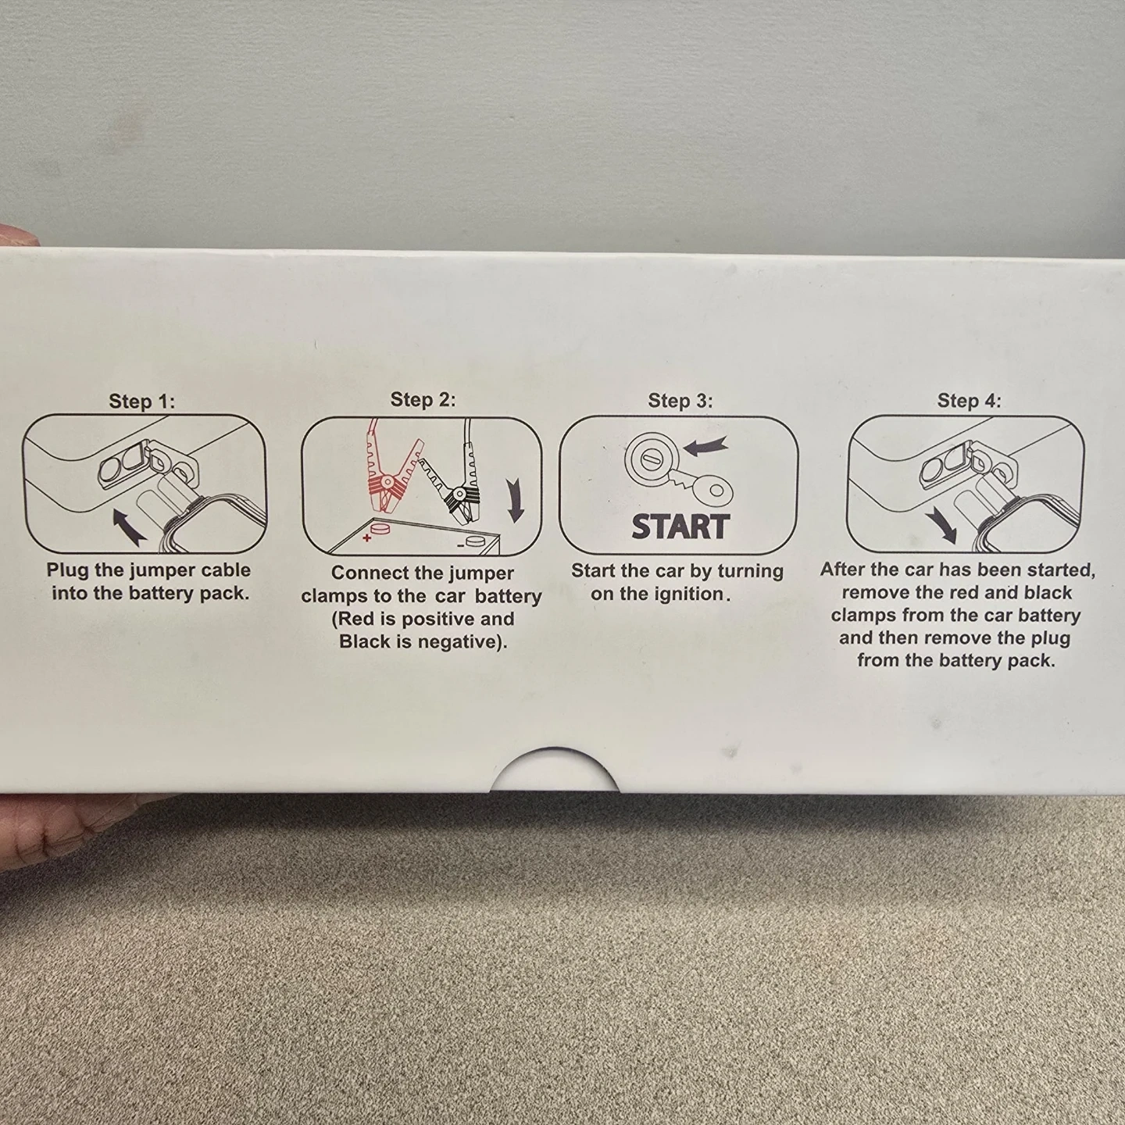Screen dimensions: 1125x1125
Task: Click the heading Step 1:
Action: point(142,401)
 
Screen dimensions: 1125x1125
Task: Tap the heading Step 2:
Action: point(423,399)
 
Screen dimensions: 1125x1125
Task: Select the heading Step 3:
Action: point(680,401)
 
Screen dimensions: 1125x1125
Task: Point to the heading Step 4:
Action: point(969,401)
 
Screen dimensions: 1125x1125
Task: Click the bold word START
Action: point(680,527)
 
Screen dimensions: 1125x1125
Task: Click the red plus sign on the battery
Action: point(366,537)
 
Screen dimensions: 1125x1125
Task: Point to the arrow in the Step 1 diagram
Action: point(130,526)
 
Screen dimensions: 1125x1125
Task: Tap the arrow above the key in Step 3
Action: point(705,447)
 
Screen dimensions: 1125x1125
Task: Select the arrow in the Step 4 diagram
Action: point(941,523)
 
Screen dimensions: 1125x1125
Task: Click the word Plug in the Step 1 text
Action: point(68,570)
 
